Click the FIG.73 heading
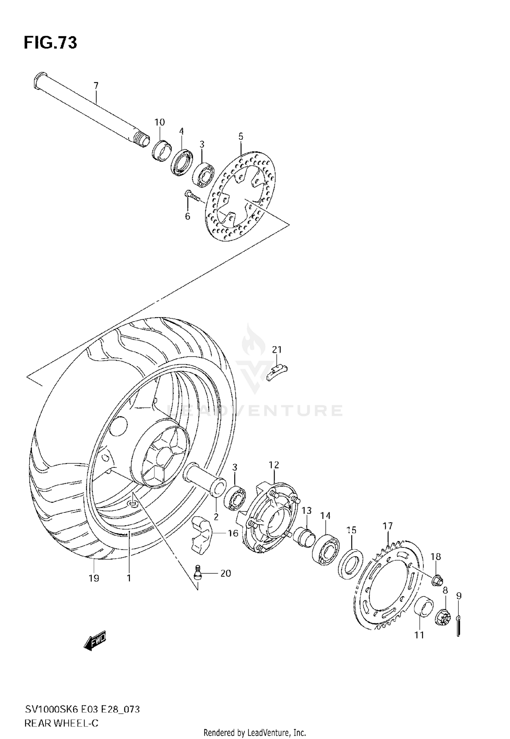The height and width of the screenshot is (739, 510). (x=50, y=43)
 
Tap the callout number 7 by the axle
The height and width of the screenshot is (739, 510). (x=96, y=85)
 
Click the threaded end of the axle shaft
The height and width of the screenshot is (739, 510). (x=142, y=140)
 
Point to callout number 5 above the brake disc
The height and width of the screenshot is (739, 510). (x=241, y=136)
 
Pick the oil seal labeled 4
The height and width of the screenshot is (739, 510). (x=182, y=163)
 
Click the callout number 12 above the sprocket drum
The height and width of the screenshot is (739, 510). (x=274, y=465)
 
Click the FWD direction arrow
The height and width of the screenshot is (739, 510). (x=95, y=641)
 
